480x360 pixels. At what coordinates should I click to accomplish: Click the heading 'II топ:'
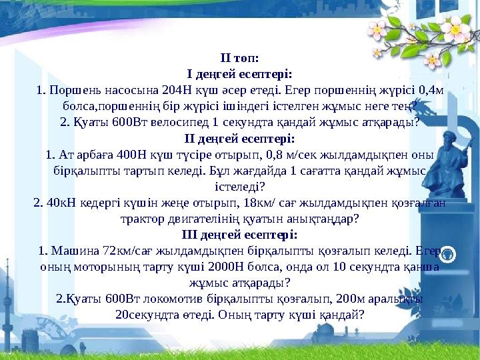[239, 58]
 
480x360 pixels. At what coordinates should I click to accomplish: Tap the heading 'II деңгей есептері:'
[239, 139]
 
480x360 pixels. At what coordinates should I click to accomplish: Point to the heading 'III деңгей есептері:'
[239, 235]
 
